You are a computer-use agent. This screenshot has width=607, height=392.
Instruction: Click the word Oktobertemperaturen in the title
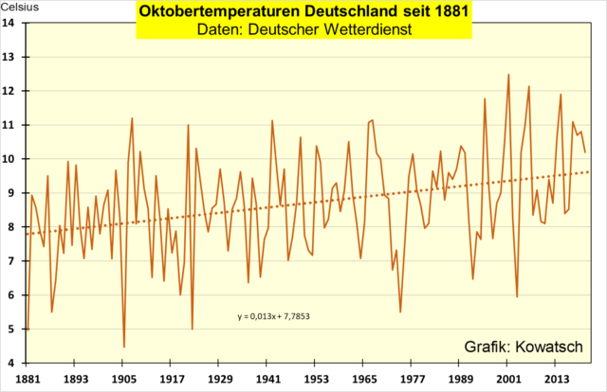(x=216, y=12)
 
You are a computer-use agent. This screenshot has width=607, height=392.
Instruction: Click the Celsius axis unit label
(x=20, y=7)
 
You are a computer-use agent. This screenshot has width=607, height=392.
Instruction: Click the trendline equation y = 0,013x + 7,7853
(x=274, y=315)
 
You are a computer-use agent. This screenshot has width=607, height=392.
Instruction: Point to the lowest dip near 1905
(x=124, y=347)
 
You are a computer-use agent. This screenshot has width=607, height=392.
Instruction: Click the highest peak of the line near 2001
(x=508, y=75)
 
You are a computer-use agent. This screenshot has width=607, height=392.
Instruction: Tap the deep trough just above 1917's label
(x=193, y=329)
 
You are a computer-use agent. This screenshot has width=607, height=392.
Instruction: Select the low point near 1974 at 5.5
(x=400, y=312)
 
